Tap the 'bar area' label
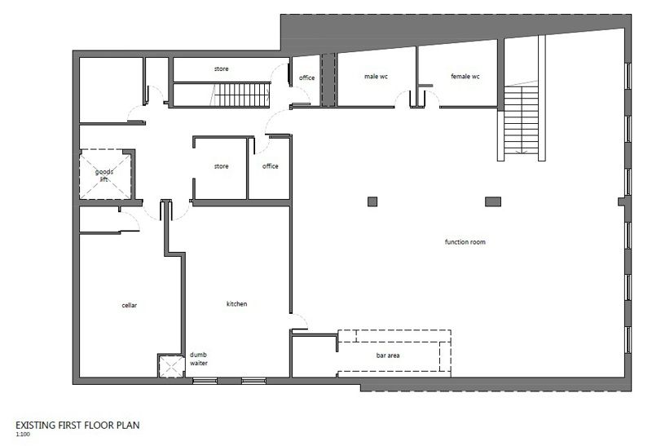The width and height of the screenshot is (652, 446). (387, 355)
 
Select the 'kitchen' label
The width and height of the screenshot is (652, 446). (236, 304)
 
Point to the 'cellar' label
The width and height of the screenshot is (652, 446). (129, 305)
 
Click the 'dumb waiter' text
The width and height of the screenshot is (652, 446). (199, 359)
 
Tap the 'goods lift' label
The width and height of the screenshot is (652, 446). (104, 175)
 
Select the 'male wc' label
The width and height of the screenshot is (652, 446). (375, 76)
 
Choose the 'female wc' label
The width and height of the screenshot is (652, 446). (465, 76)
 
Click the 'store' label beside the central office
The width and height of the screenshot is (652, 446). (221, 166)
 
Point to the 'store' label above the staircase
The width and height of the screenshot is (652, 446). (221, 68)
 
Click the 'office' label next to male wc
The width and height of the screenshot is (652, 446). (306, 77)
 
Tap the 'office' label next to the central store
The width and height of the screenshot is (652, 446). (270, 166)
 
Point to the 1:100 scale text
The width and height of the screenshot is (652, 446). (22, 435)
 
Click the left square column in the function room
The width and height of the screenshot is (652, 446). (372, 201)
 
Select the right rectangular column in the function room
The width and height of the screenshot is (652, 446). (491, 201)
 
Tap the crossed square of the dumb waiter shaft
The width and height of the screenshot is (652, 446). (170, 368)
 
